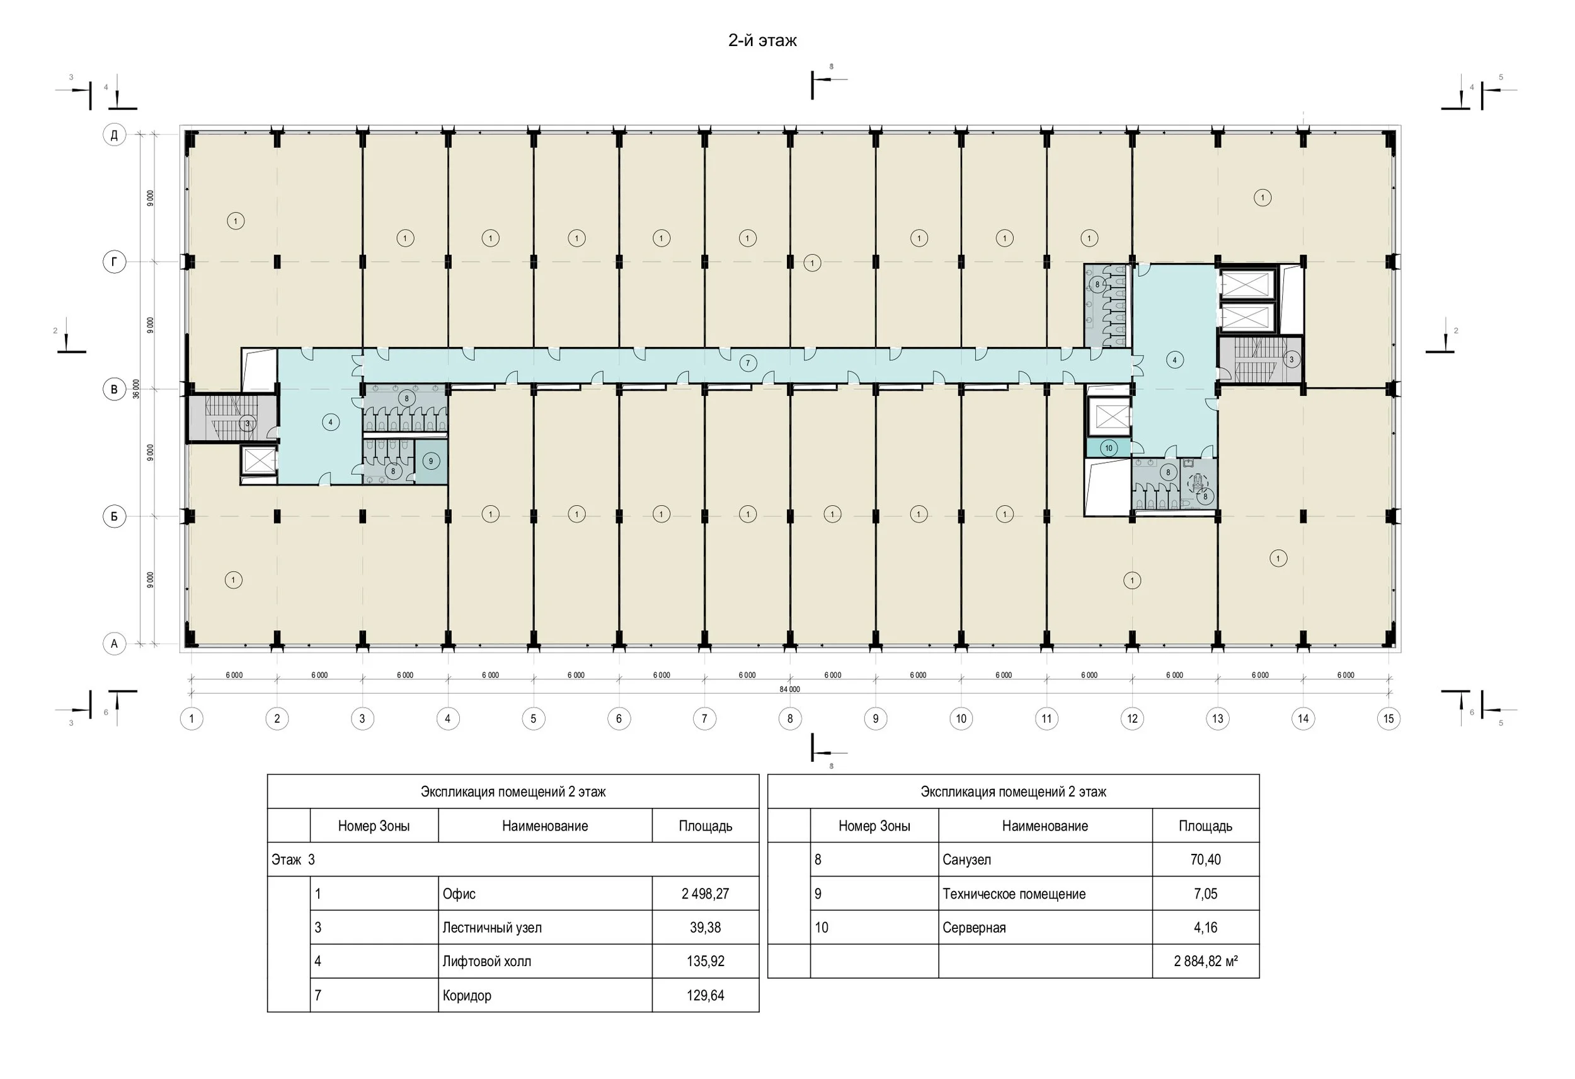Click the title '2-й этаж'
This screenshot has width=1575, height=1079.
762,41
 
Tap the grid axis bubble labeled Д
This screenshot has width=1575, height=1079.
114,135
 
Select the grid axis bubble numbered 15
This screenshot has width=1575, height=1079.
1389,719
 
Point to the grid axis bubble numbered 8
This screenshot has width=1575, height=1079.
789,719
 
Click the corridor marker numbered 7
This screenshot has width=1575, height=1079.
748,363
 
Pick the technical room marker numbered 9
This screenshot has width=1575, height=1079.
431,462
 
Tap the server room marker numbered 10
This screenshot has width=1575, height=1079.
1109,448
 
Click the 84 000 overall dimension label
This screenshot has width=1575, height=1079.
789,689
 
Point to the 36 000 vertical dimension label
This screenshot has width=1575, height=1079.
136,388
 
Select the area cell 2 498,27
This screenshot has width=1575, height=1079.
706,894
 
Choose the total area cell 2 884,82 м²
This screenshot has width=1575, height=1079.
1206,961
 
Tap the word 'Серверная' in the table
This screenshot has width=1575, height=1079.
974,928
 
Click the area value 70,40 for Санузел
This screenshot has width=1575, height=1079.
1206,860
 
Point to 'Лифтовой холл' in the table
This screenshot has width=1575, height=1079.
486,962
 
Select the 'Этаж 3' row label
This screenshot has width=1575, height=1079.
294,860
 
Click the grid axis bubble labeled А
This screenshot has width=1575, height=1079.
114,644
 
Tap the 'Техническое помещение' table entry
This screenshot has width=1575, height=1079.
1014,894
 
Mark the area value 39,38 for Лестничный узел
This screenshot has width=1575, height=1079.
706,928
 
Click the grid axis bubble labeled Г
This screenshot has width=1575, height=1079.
114,262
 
